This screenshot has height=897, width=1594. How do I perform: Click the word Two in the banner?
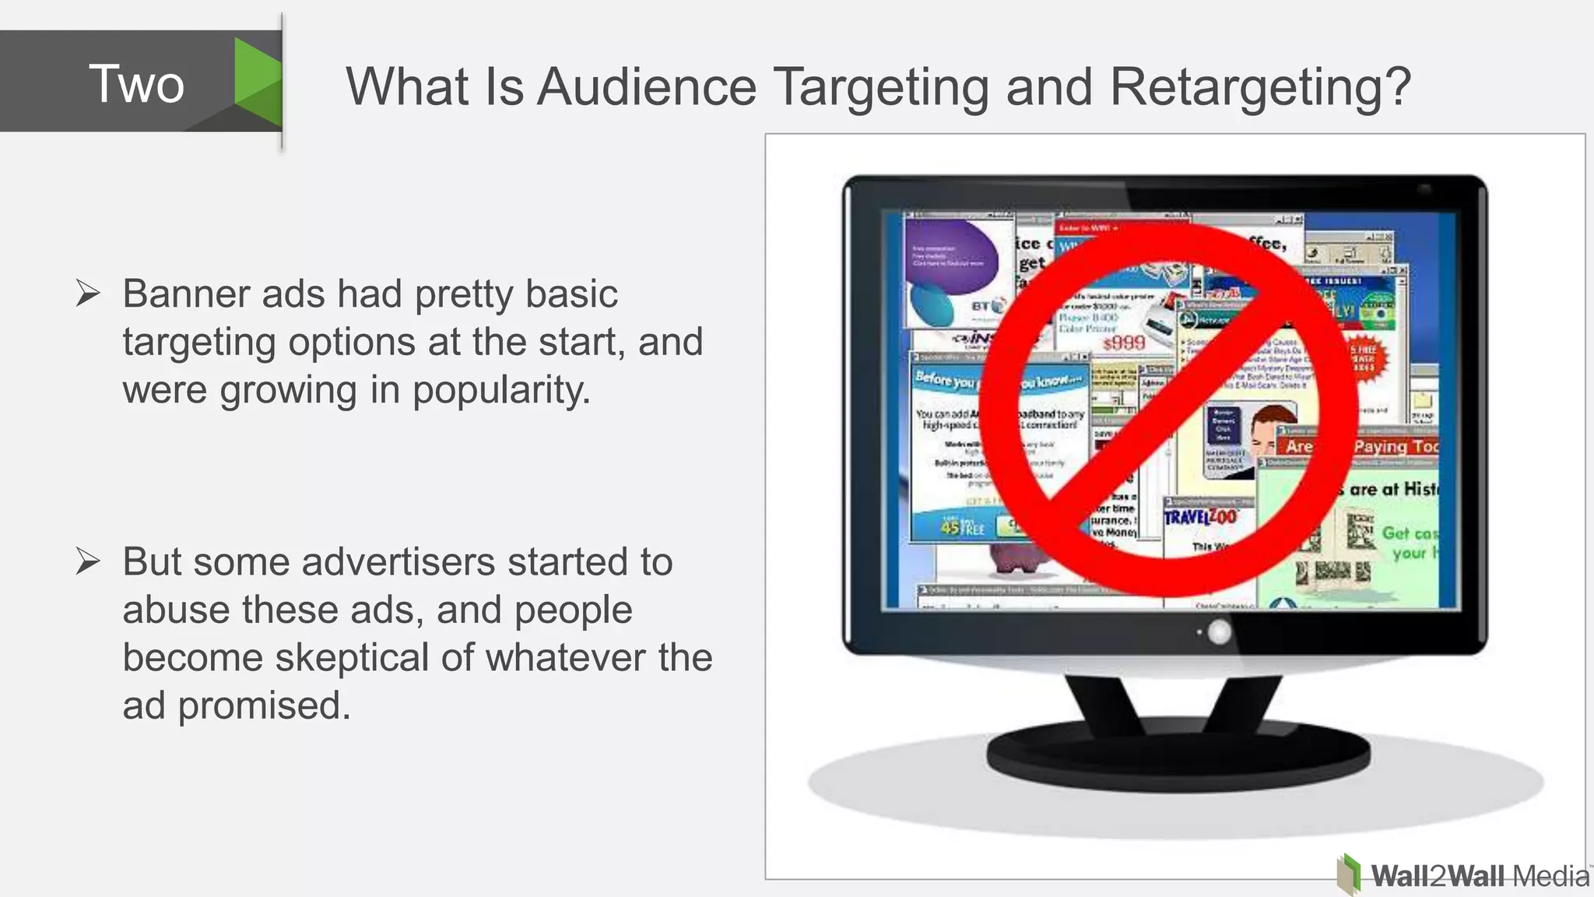tap(136, 84)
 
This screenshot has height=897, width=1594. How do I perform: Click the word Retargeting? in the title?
tap(1260, 86)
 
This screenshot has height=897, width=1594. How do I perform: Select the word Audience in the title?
tap(647, 86)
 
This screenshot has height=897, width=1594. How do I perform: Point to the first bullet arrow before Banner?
tap(88, 294)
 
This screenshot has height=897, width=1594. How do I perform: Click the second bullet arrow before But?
tap(88, 561)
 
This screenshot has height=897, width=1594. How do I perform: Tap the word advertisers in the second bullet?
tap(398, 562)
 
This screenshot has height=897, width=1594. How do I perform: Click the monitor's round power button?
tap(1219, 632)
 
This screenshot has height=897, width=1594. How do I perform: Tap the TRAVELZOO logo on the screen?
tap(1200, 517)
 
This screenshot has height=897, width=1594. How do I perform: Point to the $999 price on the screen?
tap(1124, 343)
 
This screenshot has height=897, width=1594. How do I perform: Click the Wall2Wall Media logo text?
tap(1479, 877)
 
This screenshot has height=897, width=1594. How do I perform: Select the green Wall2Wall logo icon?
tap(1350, 874)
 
